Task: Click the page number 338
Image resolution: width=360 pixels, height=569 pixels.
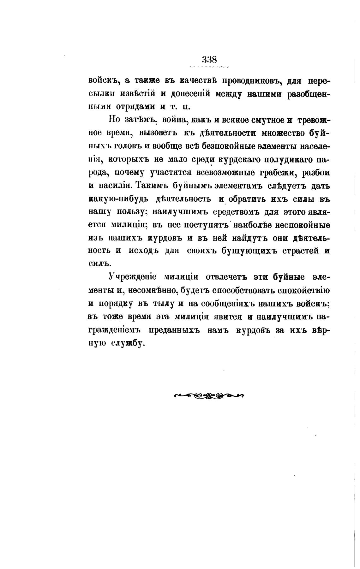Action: point(209,59)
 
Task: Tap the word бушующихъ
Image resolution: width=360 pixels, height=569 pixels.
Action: point(248,251)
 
